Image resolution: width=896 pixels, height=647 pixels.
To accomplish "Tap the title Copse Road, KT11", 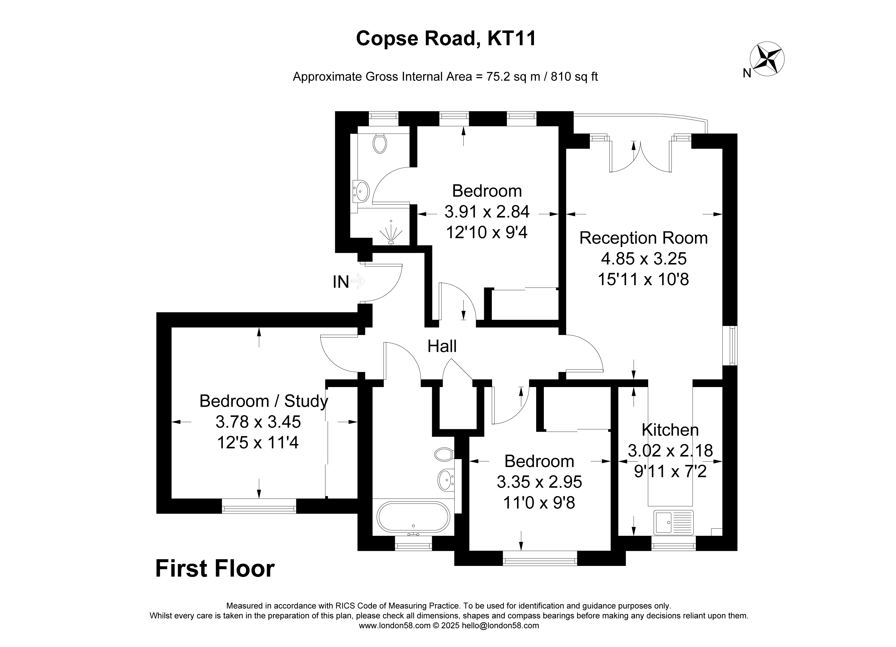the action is pos(446,39).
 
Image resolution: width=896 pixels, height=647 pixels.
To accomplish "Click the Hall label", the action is pos(442,346).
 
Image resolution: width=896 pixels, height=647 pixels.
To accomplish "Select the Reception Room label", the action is pos(643,238).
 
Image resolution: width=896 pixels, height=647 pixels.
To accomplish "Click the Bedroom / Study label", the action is pos(263,401).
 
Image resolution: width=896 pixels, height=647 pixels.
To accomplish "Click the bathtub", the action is pos(413,518).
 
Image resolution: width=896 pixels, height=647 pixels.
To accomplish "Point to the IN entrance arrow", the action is pos(358,281).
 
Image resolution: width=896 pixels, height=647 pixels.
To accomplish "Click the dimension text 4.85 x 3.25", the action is pos(644,259).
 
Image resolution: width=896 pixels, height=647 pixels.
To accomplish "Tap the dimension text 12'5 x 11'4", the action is pos(258,442).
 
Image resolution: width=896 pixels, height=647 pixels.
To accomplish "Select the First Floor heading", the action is pos(215,569).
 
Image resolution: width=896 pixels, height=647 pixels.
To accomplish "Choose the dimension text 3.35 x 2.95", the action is pos(539,482).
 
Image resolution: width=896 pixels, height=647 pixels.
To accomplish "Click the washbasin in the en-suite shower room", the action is pos(361,191).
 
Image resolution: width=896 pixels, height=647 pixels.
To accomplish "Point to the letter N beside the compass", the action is pos(747,73).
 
